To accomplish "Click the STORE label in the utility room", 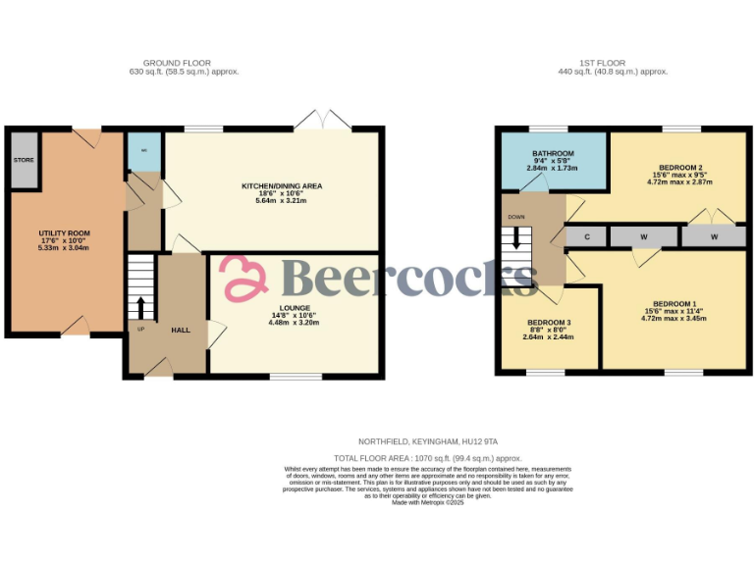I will tap(23, 159).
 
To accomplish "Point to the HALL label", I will tap(181, 330).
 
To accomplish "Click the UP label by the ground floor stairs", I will tap(139, 329).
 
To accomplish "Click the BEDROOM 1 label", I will tap(673, 304).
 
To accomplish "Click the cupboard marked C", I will tap(586, 236).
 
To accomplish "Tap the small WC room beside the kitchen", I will tap(144, 150).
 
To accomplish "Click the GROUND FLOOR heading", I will tap(184, 63).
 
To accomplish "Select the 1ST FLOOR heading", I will tap(613, 63).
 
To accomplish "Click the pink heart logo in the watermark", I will tap(243, 278).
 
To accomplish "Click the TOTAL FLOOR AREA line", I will tap(427, 458).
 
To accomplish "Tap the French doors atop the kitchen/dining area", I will tap(324, 123).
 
